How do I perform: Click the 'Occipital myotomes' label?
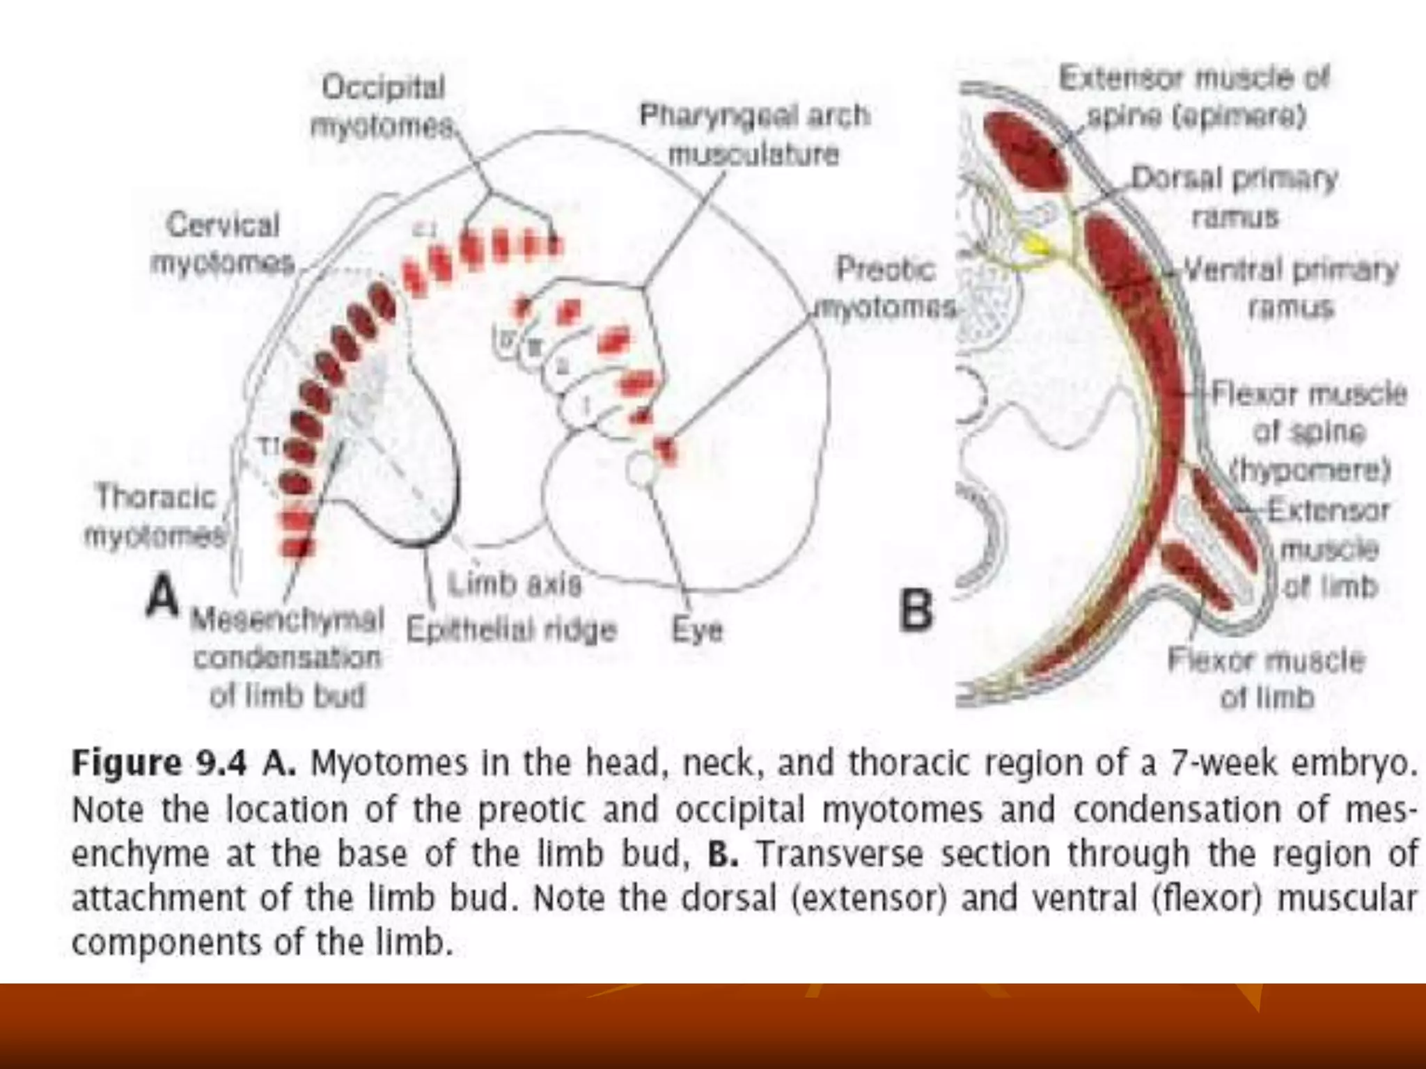click(x=382, y=106)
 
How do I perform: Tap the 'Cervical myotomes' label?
click(x=222, y=244)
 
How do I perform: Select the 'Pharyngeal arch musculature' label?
click(x=754, y=134)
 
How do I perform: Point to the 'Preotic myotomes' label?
click(x=885, y=287)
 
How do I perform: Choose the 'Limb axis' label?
click(x=514, y=583)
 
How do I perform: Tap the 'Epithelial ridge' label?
click(x=511, y=630)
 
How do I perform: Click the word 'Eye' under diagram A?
click(x=697, y=630)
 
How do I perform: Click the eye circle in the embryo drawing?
click(x=641, y=468)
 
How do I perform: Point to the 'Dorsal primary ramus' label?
click(x=1235, y=198)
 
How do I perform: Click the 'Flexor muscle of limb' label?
click(x=1266, y=678)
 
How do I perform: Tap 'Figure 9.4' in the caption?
click(x=159, y=763)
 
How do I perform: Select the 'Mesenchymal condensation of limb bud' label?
click(x=287, y=657)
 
